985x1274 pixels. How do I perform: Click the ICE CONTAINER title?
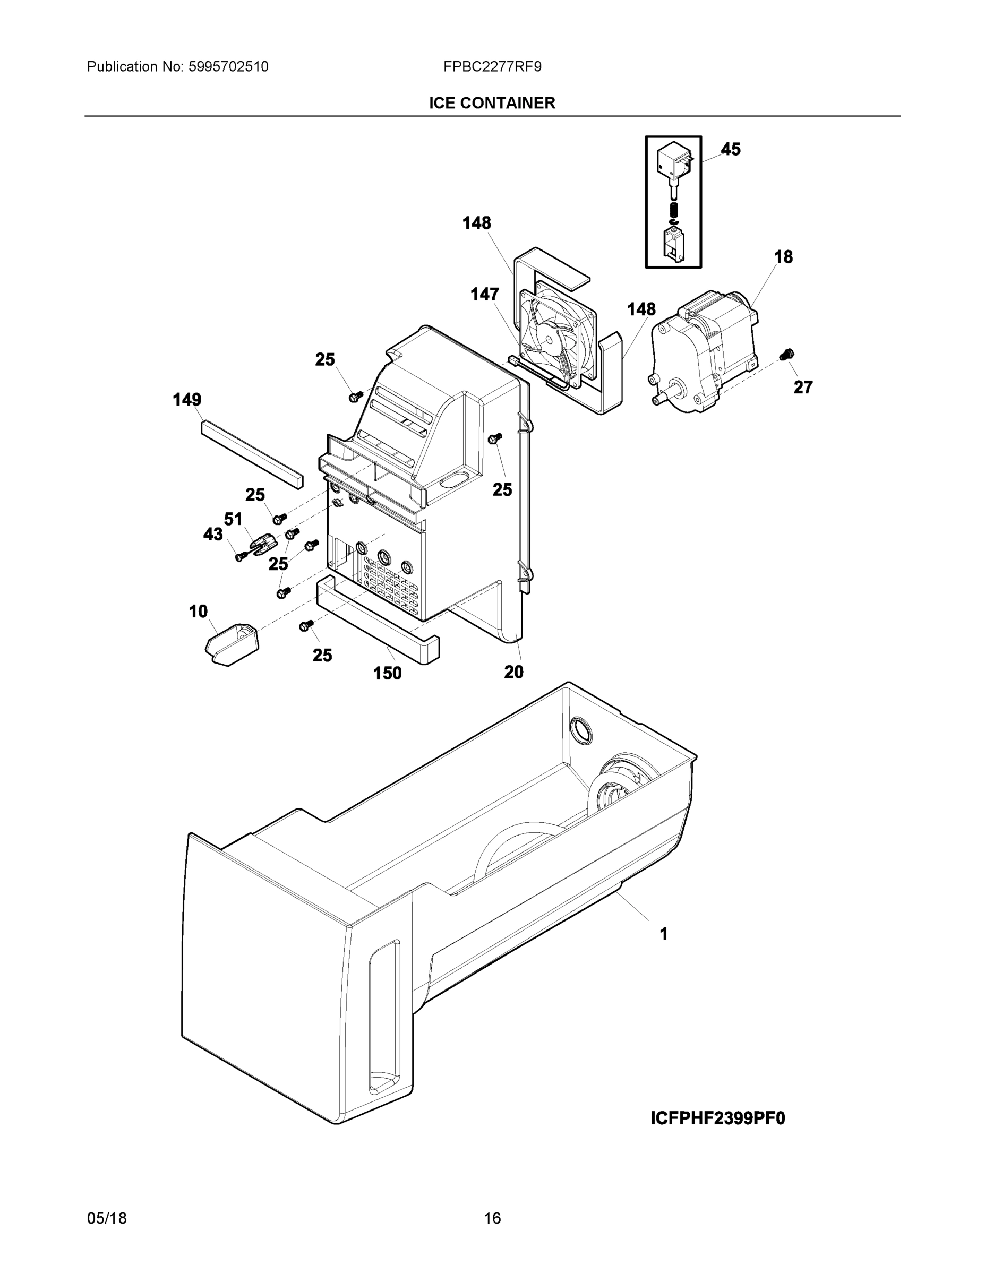pos(492,104)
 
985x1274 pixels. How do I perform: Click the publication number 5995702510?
pos(228,67)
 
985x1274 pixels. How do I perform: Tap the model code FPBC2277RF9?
pos(492,67)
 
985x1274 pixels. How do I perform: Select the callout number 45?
pos(730,149)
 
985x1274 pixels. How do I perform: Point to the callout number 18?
pos(783,257)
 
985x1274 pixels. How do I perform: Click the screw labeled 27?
pos(786,354)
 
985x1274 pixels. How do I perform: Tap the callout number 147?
pos(485,295)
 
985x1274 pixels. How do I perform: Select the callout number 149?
pos(187,400)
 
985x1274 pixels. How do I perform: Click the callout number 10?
pos(198,612)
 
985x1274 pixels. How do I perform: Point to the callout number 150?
pos(388,673)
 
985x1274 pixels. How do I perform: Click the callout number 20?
pos(513,672)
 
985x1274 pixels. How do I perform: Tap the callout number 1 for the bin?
pos(663,934)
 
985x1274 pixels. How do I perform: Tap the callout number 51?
pos(233,519)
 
